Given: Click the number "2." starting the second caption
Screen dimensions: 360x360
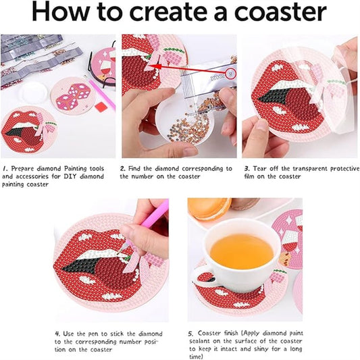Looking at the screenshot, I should coord(123,169).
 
